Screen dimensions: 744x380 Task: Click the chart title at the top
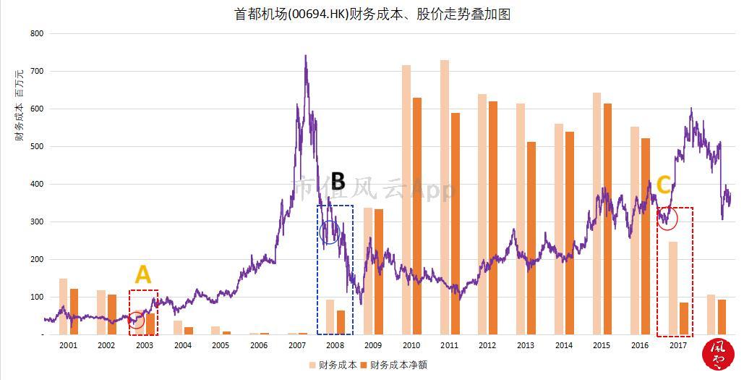coord(372,14)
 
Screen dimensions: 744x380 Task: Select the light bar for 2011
coord(445,197)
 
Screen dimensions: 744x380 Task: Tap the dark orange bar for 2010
coord(417,216)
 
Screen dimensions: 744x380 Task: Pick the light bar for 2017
coord(673,288)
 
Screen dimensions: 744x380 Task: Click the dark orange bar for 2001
coord(74,311)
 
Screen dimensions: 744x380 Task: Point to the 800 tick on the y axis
coord(37,34)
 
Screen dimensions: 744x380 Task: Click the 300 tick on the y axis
coord(37,221)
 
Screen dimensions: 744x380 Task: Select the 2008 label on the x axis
coord(335,345)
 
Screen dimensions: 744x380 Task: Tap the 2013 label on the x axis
coord(526,345)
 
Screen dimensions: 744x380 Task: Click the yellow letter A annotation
coord(143,275)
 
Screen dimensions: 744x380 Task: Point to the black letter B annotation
coord(338,181)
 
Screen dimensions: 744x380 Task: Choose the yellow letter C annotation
coord(663,185)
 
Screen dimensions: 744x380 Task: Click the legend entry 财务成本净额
coord(398,365)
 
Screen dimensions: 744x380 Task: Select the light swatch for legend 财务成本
coord(312,366)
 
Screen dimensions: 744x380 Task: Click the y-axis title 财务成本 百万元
coord(19,105)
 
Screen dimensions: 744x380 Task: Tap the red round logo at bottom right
coord(718,355)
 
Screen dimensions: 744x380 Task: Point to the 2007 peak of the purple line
coord(305,56)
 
